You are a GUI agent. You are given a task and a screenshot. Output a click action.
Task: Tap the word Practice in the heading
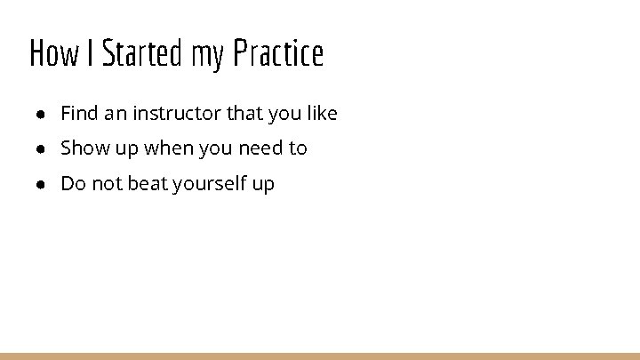[278, 54]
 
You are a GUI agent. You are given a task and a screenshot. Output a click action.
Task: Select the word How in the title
[53, 54]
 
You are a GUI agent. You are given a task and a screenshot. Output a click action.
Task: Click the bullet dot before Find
[42, 115]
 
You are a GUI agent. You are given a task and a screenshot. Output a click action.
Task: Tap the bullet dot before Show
[42, 149]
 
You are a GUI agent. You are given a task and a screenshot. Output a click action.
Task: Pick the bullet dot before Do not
[42, 185]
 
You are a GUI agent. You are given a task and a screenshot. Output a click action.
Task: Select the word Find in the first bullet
[78, 114]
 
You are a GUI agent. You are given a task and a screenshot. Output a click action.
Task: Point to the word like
[321, 114]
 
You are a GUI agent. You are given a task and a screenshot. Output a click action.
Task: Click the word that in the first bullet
[244, 114]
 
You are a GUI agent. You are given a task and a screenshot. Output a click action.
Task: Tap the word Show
[84, 148]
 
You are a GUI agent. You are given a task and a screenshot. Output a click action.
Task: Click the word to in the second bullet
[298, 148]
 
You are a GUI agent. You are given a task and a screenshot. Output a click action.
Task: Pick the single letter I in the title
[91, 54]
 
